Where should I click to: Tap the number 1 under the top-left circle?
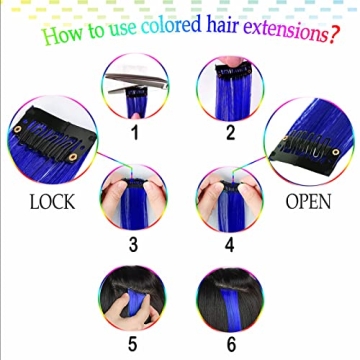click(135, 130)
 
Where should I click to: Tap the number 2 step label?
click(229, 130)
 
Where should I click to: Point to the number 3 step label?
click(135, 243)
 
